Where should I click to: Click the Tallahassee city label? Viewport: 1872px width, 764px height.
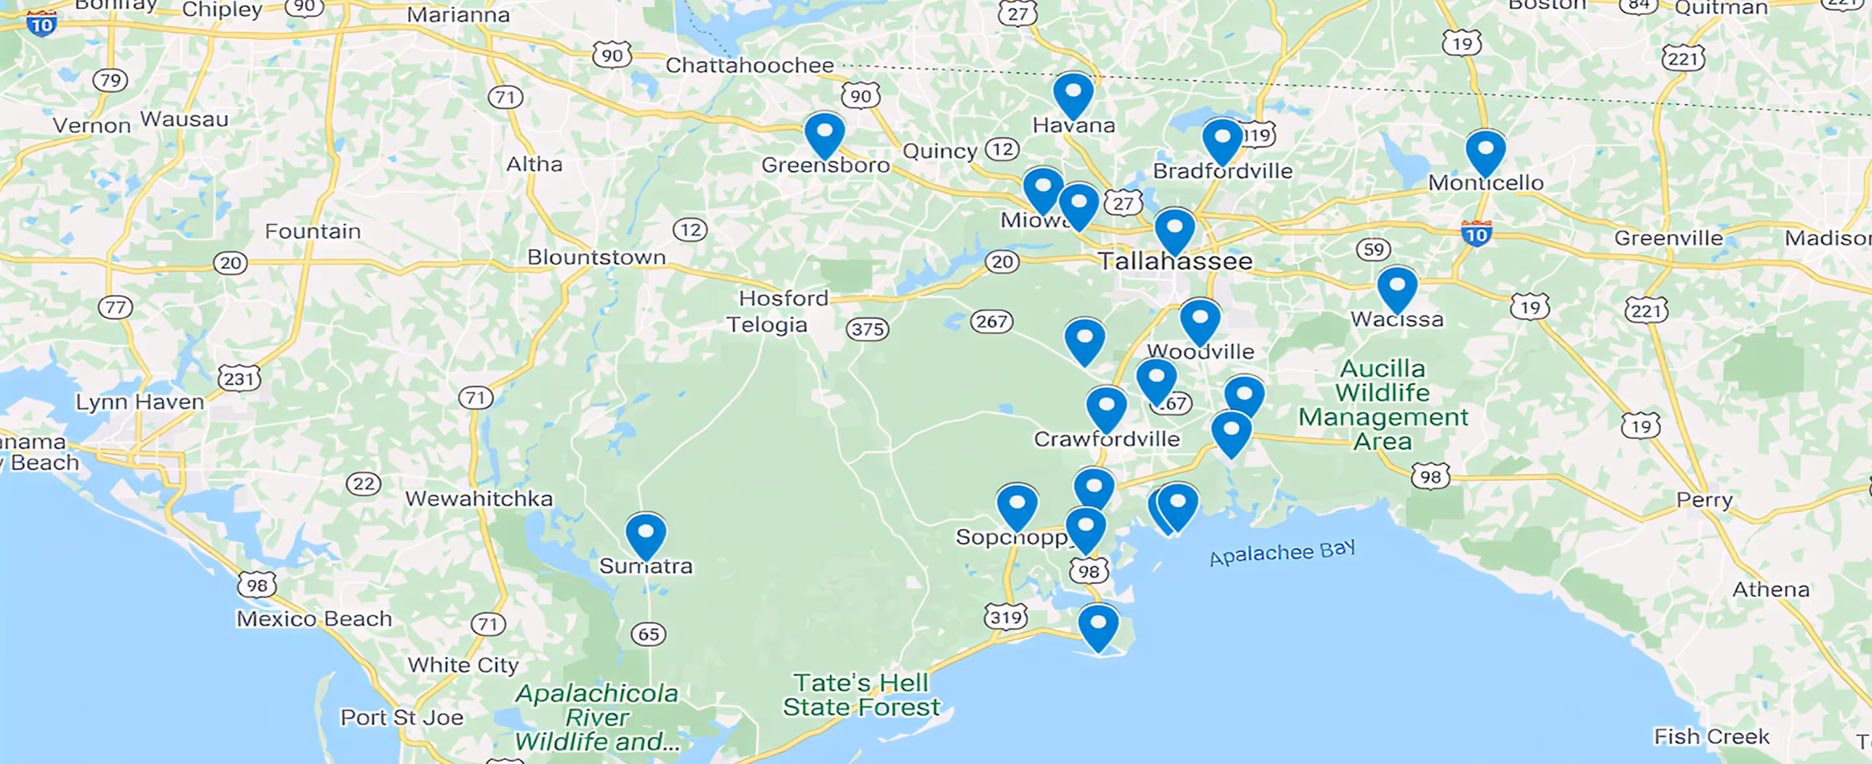1175,261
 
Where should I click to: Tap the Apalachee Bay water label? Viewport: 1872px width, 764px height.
1282,553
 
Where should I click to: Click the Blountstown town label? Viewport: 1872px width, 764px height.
596,257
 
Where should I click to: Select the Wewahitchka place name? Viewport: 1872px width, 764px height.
479,499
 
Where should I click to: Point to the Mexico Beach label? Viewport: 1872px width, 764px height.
314,618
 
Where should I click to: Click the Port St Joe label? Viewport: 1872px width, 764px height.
402,717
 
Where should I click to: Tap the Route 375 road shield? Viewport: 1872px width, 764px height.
868,329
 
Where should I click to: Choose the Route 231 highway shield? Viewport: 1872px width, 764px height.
239,378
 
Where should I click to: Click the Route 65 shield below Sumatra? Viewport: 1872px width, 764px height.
648,634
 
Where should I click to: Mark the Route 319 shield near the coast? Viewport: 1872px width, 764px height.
1006,617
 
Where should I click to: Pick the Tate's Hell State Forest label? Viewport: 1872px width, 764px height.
861,695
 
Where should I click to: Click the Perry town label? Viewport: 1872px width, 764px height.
1704,500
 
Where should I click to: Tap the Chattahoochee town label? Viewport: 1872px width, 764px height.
749,66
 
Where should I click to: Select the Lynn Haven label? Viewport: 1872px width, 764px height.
140,401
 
